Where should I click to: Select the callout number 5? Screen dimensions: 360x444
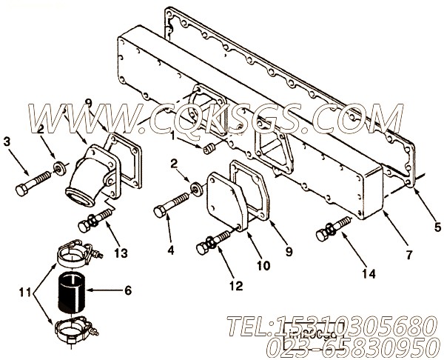click(437, 227)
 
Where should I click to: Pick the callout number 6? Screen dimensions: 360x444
click(127, 292)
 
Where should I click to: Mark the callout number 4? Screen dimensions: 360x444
click(171, 250)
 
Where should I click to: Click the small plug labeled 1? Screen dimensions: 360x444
click(209, 150)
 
